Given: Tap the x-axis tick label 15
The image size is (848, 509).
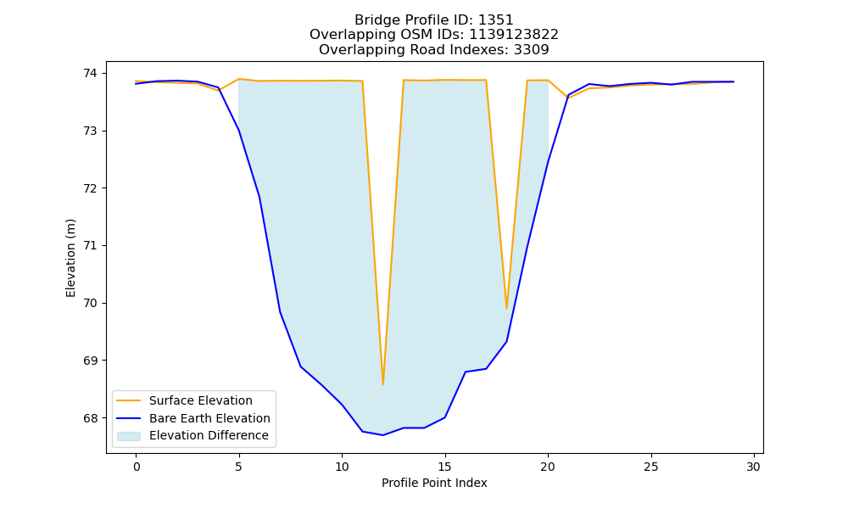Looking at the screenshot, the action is pyautogui.click(x=445, y=467).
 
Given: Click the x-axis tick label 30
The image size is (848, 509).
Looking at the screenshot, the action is pyautogui.click(x=754, y=467).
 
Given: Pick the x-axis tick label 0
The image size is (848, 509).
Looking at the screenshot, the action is pyautogui.click(x=137, y=467).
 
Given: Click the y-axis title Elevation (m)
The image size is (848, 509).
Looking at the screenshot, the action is pyautogui.click(x=71, y=258).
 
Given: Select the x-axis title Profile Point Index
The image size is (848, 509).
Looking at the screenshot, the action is pyautogui.click(x=434, y=483).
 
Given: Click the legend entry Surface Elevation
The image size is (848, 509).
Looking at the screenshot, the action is pyautogui.click(x=201, y=400).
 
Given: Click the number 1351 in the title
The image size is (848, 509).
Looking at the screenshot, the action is pyautogui.click(x=496, y=20).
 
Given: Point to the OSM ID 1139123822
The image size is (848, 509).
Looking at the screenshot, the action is pyautogui.click(x=514, y=35).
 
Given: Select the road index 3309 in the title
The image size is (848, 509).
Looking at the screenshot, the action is pyautogui.click(x=532, y=50).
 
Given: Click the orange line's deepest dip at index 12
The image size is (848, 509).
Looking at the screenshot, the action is pyautogui.click(x=383, y=384).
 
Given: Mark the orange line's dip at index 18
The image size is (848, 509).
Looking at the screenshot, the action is pyautogui.click(x=507, y=308).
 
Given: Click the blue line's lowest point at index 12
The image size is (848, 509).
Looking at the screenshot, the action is pyautogui.click(x=383, y=435).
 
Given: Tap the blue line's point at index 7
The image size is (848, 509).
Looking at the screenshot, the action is pyautogui.click(x=280, y=311).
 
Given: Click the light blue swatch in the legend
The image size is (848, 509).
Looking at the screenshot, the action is pyautogui.click(x=129, y=436).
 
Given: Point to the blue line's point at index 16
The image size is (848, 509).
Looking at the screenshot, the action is pyautogui.click(x=466, y=372).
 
